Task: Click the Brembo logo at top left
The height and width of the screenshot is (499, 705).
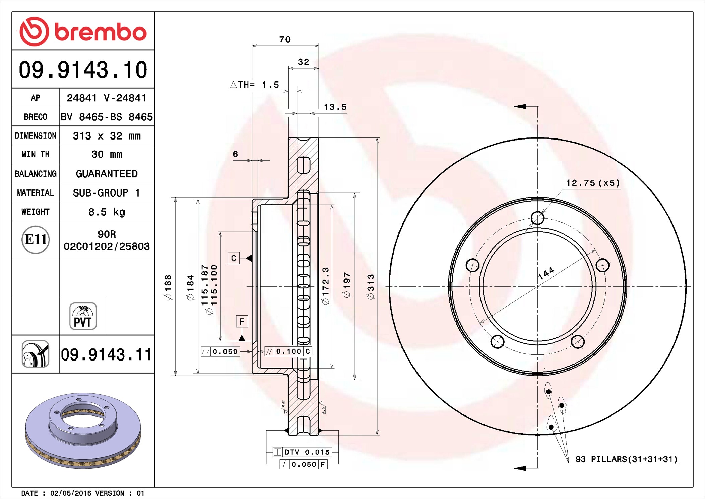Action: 83,32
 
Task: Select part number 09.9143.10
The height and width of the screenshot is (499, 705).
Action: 83,70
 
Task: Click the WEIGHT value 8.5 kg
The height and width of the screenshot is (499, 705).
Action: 107,212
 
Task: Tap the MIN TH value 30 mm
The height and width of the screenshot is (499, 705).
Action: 107,155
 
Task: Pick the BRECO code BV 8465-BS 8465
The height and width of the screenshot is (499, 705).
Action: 107,117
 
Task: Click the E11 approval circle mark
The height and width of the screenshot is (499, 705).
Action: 36,239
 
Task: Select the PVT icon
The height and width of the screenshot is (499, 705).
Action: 83,316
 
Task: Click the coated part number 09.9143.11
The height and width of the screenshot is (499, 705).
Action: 106,354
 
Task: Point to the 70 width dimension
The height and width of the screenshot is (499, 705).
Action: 285,40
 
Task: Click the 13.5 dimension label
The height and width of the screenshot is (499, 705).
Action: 335,107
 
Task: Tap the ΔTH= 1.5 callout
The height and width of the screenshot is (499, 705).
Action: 255,85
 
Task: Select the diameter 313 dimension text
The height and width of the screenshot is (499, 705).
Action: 370,287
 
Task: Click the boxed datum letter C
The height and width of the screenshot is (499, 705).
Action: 234,258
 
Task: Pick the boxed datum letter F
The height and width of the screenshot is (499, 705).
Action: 242,322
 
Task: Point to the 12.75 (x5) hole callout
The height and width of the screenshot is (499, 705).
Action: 593,183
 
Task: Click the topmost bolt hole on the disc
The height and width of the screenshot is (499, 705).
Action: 537,218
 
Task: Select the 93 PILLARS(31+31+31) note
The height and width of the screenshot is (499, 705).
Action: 626,459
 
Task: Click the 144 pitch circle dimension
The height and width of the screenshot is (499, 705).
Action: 546,274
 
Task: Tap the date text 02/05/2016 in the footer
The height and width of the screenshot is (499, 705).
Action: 70,493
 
